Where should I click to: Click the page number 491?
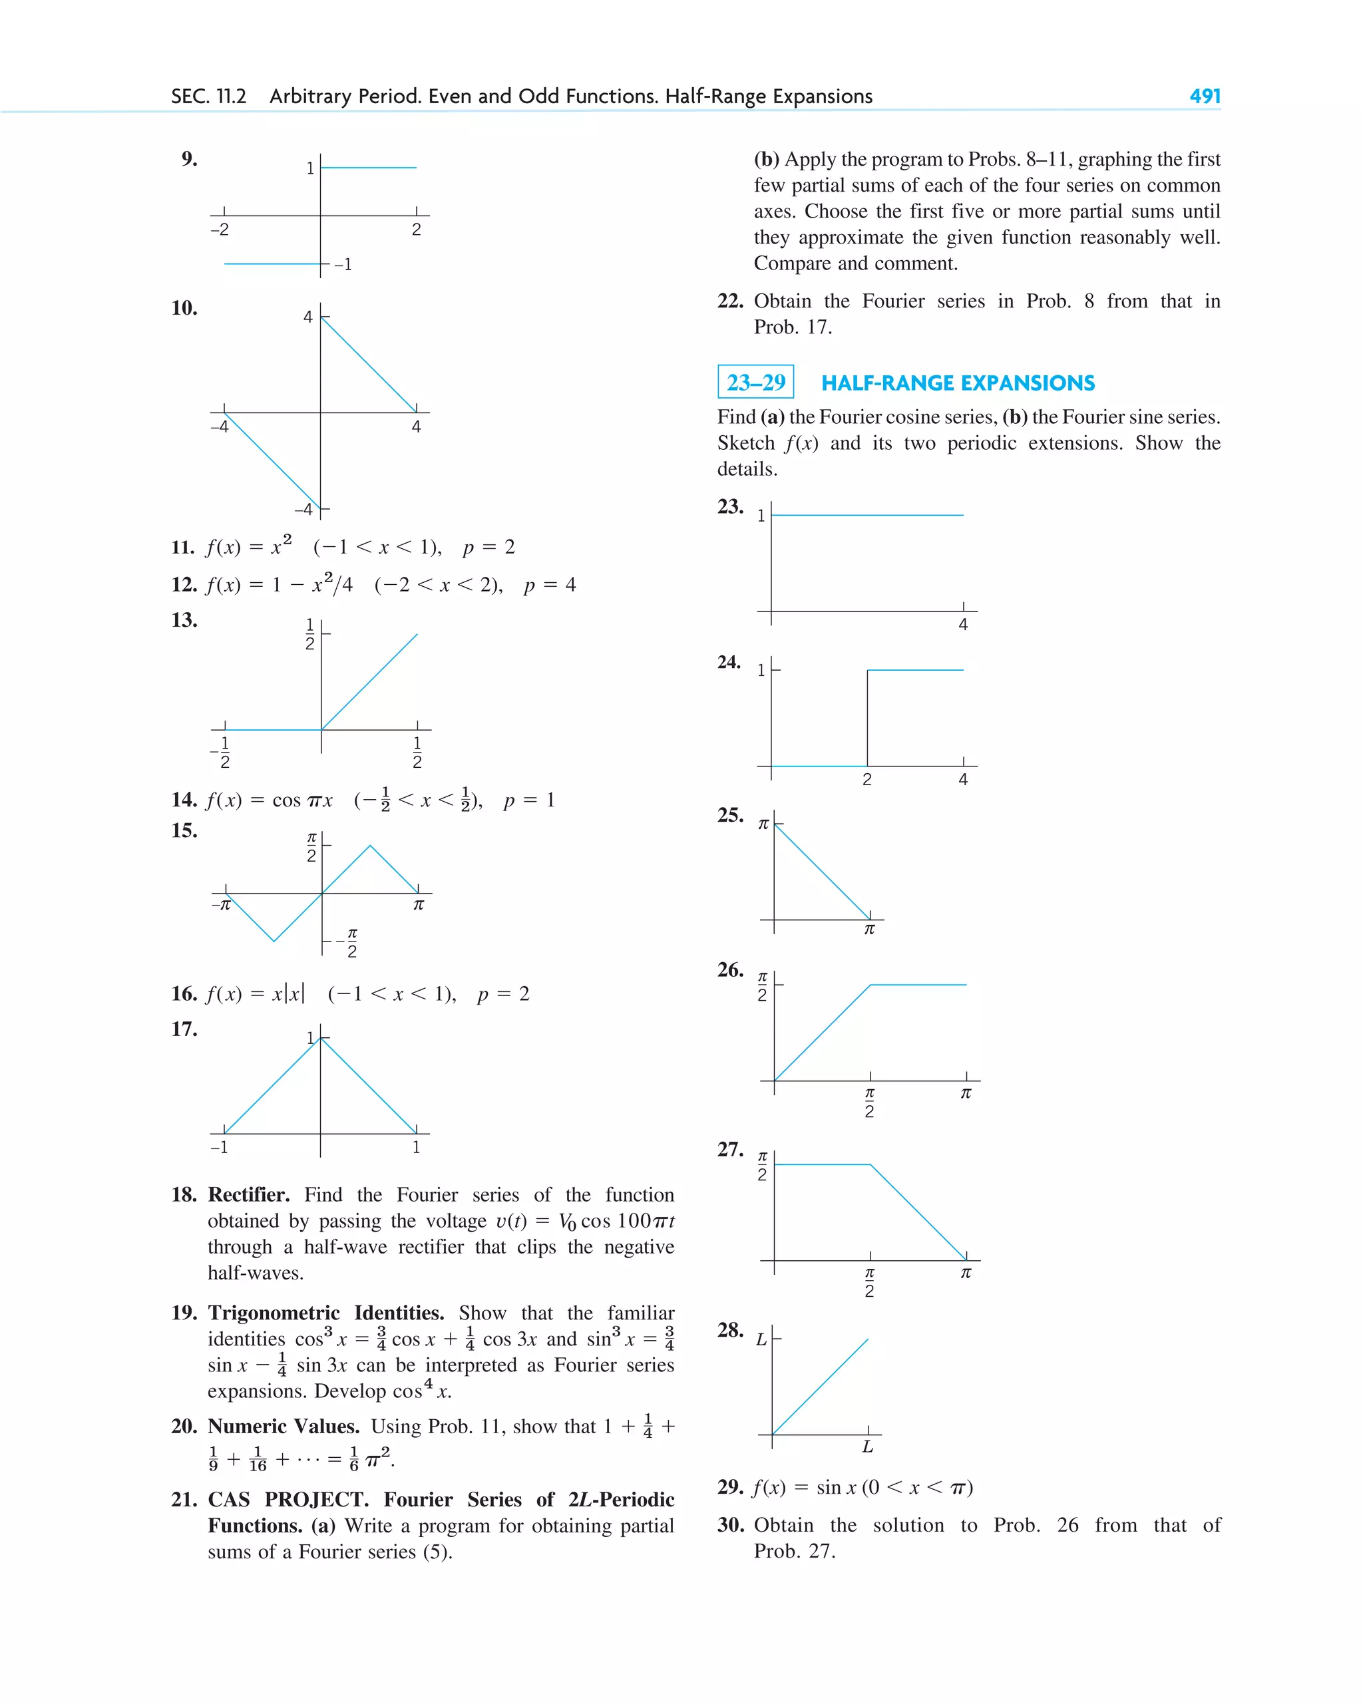click(1204, 96)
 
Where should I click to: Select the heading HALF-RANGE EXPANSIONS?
click(958, 383)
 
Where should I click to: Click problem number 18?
click(184, 1194)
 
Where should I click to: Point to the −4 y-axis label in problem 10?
click(303, 510)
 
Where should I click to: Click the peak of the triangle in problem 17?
click(320, 1039)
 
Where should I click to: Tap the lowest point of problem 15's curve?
click(274, 941)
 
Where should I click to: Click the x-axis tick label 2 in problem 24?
click(867, 779)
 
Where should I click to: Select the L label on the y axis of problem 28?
click(761, 1339)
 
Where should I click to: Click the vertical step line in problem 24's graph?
click(867, 718)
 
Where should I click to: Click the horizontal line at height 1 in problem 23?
click(867, 515)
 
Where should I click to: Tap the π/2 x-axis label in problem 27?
click(869, 1282)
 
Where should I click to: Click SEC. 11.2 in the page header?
click(209, 96)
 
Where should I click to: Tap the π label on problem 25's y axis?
click(763, 824)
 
